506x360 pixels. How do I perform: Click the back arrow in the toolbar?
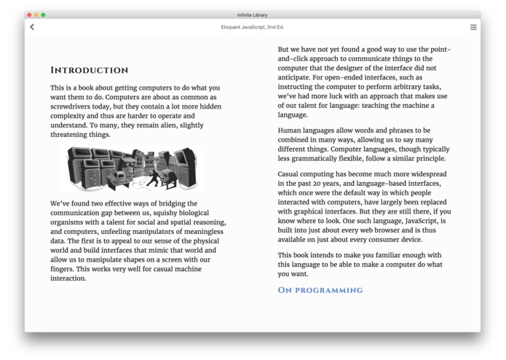click(x=32, y=27)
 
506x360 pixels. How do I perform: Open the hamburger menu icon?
click(x=473, y=27)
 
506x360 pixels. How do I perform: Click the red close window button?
click(x=29, y=15)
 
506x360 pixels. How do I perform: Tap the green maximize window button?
click(x=43, y=15)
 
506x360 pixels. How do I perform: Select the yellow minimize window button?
click(x=36, y=15)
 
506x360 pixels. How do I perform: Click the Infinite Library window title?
click(x=253, y=15)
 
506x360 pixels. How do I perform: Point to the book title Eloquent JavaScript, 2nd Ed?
click(x=253, y=27)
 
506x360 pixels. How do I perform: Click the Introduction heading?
click(x=89, y=71)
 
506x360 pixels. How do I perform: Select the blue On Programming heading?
click(x=320, y=290)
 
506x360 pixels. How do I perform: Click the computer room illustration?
click(x=133, y=169)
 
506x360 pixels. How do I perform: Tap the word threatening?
click(x=72, y=134)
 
